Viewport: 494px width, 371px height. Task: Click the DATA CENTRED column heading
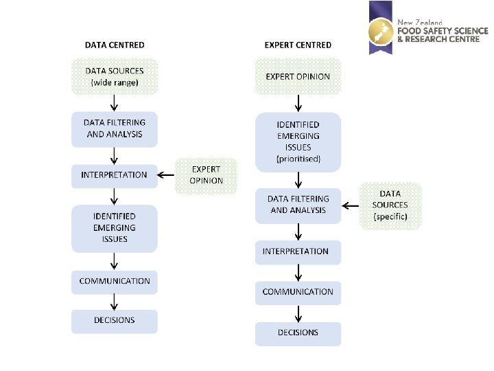[115, 45]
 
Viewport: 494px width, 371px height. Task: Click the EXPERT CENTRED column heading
[298, 45]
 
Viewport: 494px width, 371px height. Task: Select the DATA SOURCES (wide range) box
[115, 76]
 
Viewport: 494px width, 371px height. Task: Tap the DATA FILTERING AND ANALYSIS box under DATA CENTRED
[115, 129]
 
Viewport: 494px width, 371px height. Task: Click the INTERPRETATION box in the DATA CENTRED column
[115, 175]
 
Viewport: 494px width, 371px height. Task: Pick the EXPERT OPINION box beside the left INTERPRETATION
[207, 175]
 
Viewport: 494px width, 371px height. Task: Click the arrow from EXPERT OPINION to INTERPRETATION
[167, 175]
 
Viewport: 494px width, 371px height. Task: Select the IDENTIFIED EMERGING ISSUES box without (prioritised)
[115, 228]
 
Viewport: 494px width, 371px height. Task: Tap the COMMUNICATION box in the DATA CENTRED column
[115, 281]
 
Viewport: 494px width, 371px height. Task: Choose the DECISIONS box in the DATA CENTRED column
[115, 321]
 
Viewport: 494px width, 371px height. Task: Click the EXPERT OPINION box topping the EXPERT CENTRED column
[298, 76]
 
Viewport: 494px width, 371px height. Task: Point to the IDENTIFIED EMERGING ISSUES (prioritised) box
[298, 142]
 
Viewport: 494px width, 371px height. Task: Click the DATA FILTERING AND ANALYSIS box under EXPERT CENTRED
[298, 205]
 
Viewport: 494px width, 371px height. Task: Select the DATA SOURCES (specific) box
[390, 205]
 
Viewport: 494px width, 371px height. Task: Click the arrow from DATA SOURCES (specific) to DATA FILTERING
[351, 205]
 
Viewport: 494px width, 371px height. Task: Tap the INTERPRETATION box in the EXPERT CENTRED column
[298, 252]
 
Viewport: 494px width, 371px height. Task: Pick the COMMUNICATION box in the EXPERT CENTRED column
[298, 293]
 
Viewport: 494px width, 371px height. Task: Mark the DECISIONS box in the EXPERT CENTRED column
[298, 333]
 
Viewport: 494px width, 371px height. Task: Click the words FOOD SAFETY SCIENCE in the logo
[443, 31]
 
